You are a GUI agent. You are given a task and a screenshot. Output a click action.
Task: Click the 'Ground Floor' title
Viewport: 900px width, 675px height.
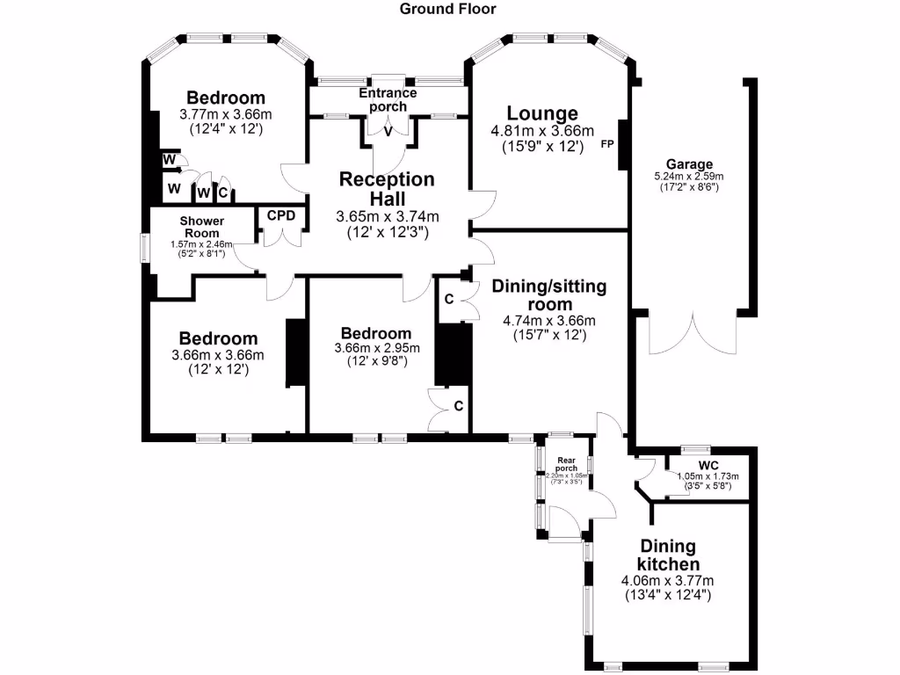[x=448, y=10]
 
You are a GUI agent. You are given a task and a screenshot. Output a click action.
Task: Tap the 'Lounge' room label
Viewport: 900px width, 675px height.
[x=542, y=113]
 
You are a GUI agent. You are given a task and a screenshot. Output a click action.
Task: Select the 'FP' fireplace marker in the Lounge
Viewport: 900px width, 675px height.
[x=606, y=144]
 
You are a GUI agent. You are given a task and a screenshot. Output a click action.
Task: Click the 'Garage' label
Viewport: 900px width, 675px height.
[x=689, y=164]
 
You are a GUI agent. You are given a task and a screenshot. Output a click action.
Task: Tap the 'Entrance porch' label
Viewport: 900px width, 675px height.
[x=388, y=99]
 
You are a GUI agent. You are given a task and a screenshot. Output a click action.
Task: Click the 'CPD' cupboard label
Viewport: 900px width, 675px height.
[x=281, y=215]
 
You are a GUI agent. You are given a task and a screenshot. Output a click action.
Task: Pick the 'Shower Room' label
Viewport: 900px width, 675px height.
[x=202, y=227]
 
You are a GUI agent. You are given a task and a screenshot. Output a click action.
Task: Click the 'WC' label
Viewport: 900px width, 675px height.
[x=708, y=465]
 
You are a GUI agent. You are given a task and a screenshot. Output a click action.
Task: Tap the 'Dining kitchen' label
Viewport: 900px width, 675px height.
[x=669, y=555]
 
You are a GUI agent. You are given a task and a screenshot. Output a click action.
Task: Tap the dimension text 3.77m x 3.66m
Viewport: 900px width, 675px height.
[x=226, y=114]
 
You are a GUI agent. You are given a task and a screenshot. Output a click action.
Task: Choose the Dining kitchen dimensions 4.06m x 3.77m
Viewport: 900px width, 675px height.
[x=667, y=581]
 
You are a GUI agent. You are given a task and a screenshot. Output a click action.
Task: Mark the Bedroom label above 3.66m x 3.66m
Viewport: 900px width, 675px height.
[x=218, y=338]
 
